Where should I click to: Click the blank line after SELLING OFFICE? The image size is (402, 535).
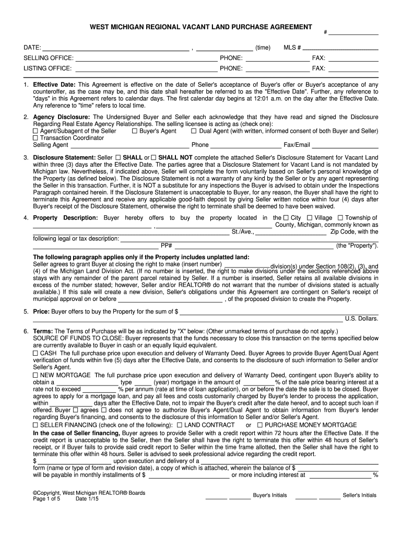click(x=146, y=58)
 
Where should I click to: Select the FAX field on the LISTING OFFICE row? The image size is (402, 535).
click(x=352, y=68)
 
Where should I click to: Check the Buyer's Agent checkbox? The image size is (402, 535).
click(x=135, y=131)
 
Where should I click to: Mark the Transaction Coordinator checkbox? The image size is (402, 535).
click(x=36, y=138)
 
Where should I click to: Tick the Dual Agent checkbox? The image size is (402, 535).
click(x=201, y=131)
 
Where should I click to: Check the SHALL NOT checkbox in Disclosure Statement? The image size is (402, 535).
click(x=154, y=157)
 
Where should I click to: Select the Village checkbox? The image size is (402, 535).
click(x=310, y=218)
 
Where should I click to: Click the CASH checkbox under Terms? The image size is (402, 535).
click(x=36, y=354)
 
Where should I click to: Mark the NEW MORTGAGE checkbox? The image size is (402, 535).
click(x=36, y=376)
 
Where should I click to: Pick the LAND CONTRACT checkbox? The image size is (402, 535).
click(x=180, y=425)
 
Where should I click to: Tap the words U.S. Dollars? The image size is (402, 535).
click(x=361, y=318)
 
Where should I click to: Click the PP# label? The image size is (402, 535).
click(x=167, y=246)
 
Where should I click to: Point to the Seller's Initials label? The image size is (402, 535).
click(x=359, y=495)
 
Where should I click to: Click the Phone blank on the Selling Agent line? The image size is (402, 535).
click(x=245, y=145)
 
